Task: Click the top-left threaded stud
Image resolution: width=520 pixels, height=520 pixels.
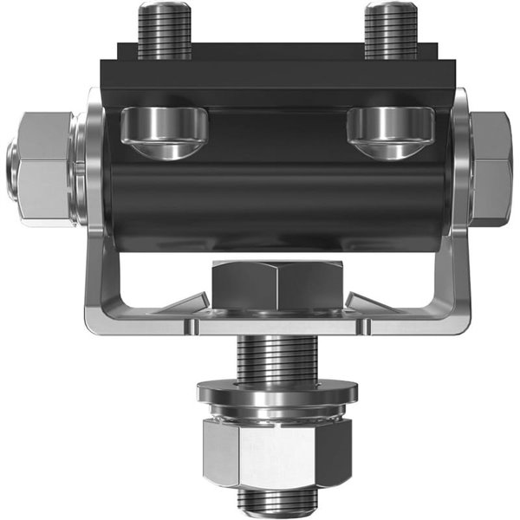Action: pos(165,30)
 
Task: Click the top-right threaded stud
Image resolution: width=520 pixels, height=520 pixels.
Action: pos(391,30)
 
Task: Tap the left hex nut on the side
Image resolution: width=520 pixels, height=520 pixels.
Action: pos(43,169)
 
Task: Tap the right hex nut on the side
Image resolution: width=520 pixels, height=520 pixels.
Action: pos(491,169)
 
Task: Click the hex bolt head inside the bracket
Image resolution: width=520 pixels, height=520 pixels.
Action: pos(277,286)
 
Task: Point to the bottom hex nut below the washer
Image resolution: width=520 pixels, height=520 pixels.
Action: pos(277,451)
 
